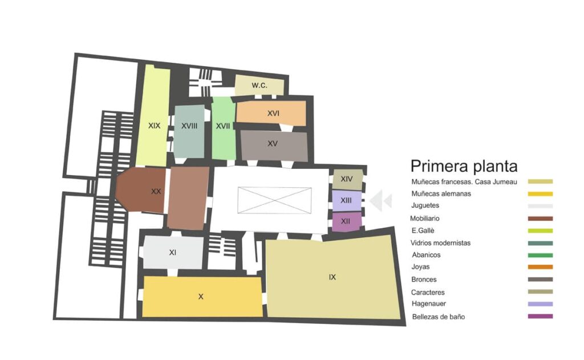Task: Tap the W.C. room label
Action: coord(259,85)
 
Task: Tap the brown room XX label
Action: coord(156,191)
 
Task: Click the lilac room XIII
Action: coord(346,200)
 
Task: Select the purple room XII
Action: coord(346,221)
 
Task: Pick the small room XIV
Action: coord(347,179)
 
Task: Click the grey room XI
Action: coord(172,252)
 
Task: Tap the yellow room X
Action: coord(201,297)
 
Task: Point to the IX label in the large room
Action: coord(332,277)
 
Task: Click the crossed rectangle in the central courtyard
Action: coord(274,200)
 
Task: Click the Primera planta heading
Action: coord(464,166)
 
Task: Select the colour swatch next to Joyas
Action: coord(541,267)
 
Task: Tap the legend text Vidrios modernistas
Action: coord(441,243)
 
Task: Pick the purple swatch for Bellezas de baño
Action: coord(541,317)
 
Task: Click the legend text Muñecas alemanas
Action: coord(441,194)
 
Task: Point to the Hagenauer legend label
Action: coord(429,304)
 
